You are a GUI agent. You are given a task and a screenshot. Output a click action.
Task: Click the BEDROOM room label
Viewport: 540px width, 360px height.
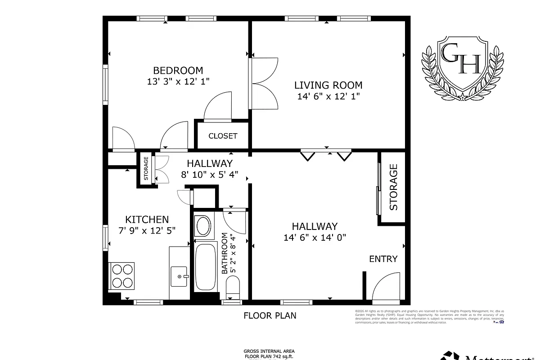[x=178, y=71]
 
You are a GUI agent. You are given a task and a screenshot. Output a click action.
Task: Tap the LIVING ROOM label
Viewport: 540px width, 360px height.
[x=328, y=85]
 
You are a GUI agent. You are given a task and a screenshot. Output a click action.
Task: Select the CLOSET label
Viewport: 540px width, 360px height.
[x=223, y=136]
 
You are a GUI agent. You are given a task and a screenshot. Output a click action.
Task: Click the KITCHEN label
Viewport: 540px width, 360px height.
[x=147, y=220]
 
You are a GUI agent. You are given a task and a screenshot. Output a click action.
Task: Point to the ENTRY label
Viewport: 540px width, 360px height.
[x=383, y=259]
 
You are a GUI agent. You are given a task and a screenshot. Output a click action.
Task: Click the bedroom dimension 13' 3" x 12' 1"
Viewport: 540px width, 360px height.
[x=178, y=82]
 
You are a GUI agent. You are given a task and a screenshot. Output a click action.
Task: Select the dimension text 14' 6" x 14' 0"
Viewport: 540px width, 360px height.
[x=315, y=238]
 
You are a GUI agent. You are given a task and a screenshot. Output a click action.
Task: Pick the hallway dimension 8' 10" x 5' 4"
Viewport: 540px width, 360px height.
[x=210, y=175]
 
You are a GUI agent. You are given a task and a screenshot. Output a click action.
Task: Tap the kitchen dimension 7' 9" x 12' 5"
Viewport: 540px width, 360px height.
[x=147, y=230]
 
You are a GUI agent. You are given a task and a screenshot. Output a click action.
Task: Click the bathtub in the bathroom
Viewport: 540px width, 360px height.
[x=206, y=267]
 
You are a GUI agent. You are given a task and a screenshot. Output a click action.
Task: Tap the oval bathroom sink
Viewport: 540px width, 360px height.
[x=202, y=226]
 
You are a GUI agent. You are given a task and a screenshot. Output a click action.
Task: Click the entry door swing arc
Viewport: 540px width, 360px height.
[x=385, y=286]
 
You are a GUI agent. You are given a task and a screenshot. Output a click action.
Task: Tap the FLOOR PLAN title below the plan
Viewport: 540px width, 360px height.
[x=270, y=315]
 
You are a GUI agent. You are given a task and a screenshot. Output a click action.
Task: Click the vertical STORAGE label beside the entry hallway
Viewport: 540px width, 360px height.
[x=393, y=187]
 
